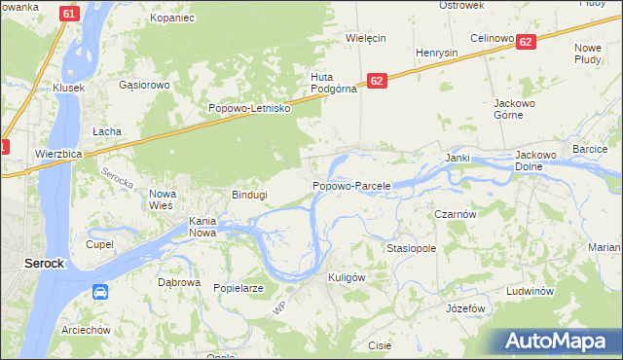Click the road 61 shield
pos(67,14)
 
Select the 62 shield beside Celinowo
pos(526,42)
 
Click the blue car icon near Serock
pos(100,292)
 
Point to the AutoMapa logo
pos(556,342)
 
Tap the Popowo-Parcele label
pos(351,185)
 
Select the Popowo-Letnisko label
pos(250,108)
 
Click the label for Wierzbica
pos(57,154)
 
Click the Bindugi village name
pos(249,195)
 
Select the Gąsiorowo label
pos(144,85)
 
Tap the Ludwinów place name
pos(531,291)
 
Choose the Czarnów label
pos(454,213)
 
